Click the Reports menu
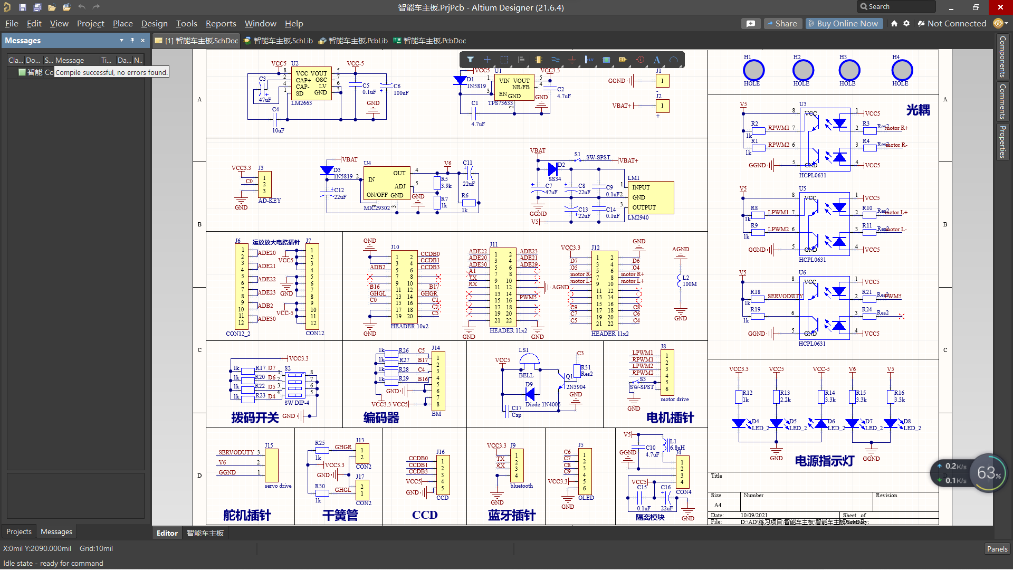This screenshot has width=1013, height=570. (x=221, y=24)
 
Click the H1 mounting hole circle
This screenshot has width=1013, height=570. (x=753, y=70)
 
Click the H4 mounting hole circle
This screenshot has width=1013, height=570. (x=902, y=70)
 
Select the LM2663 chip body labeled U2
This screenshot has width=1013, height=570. (x=311, y=83)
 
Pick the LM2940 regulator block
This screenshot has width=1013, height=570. (x=651, y=197)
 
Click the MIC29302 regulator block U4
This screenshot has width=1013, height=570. (x=386, y=184)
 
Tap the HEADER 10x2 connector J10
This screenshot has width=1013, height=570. (x=404, y=286)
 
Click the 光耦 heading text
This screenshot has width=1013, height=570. (x=918, y=110)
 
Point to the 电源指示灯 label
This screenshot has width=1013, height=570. (x=824, y=461)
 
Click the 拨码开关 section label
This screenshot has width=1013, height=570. (x=255, y=418)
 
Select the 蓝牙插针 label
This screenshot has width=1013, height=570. (x=512, y=516)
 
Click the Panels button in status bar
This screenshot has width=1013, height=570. (x=997, y=549)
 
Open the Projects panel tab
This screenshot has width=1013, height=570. (x=19, y=531)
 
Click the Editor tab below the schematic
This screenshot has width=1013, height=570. (x=167, y=533)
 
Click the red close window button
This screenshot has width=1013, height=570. (x=1000, y=7)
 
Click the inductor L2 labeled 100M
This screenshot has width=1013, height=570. (x=680, y=281)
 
